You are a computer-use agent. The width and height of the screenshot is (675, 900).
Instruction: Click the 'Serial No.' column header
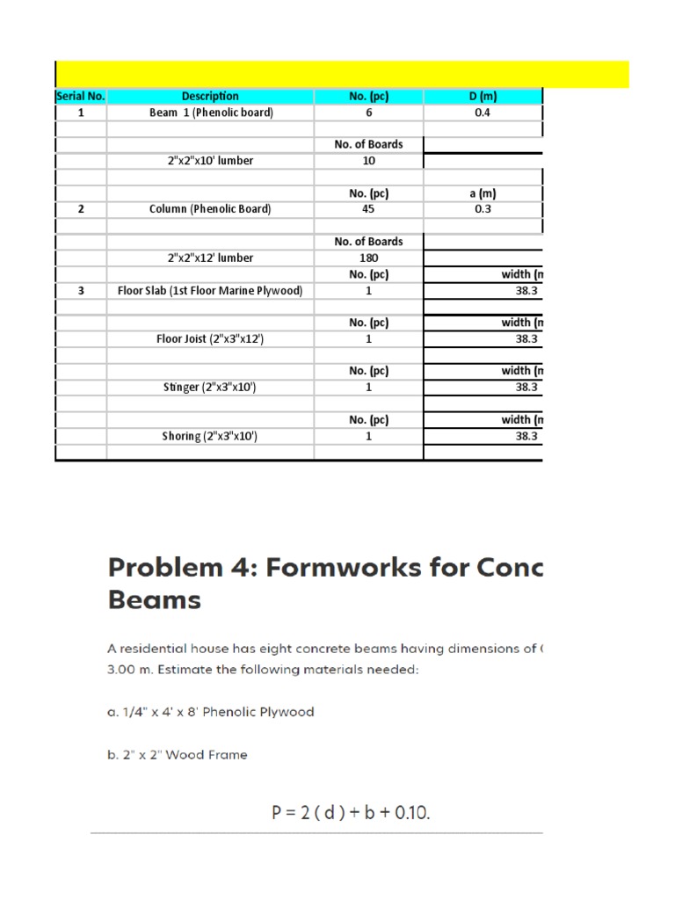81,97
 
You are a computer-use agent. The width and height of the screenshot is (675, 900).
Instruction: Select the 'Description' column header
210,97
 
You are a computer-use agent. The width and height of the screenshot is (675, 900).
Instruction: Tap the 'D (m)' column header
483,97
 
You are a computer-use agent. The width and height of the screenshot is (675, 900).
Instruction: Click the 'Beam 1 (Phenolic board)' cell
210,113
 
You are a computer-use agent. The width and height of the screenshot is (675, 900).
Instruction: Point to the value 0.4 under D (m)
483,113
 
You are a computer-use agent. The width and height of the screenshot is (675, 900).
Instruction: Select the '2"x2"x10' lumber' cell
210,161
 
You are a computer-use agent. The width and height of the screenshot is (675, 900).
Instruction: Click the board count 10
368,161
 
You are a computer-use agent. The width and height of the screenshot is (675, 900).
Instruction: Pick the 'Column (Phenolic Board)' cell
210,209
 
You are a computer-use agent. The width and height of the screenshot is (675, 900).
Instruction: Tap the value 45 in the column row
368,209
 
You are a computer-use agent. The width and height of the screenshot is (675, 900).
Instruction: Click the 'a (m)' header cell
483,193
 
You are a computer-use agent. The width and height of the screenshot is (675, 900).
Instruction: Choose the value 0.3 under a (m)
483,209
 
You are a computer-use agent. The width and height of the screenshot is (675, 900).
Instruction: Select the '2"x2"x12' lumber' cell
210,258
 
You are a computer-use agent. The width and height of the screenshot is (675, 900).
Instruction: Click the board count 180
368,258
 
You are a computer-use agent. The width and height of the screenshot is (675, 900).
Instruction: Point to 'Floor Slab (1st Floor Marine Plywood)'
210,290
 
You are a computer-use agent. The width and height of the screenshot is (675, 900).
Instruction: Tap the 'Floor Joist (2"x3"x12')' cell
210,338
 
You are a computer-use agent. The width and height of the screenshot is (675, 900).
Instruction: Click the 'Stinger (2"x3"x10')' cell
210,387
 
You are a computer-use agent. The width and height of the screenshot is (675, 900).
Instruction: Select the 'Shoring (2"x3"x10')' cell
210,436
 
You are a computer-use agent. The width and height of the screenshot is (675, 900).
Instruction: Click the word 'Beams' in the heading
155,601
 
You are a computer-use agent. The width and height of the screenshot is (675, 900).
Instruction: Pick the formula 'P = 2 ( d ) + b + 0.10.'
350,814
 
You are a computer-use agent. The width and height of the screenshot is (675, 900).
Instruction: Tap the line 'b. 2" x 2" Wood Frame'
178,754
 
